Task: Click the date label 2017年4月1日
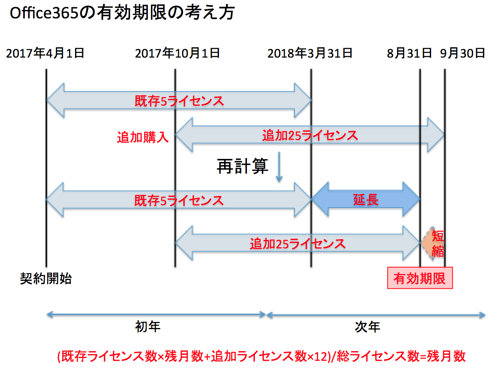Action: point(45,53)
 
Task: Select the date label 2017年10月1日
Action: point(177,53)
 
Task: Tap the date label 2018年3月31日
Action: point(310,53)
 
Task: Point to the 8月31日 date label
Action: point(410,53)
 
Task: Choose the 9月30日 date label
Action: point(463,53)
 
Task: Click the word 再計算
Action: point(242,166)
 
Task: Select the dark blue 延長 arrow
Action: point(366,199)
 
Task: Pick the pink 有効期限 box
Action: point(420,278)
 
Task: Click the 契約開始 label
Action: point(46,278)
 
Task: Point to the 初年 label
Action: point(148,327)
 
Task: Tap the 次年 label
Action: point(368,327)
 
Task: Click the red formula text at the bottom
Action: point(262,356)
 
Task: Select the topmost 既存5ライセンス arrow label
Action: point(179,101)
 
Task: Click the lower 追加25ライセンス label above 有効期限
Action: point(298,243)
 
